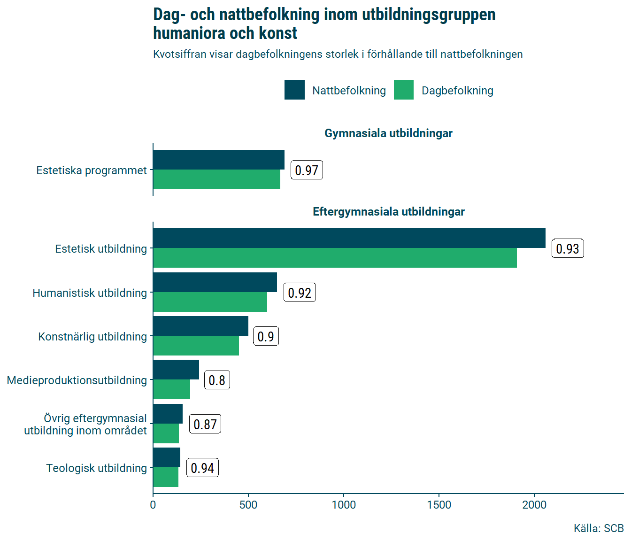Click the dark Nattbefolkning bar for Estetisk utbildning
point(349,238)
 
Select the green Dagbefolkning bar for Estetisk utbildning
point(335,258)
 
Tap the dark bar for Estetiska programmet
point(218,160)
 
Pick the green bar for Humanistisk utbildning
point(210,302)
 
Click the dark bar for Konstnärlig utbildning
point(200,326)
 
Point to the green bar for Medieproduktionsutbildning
point(171,389)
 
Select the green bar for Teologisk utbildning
point(166,477)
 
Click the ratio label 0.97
point(307,170)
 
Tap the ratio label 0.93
point(568,248)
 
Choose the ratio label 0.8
point(217,380)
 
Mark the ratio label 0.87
point(205,424)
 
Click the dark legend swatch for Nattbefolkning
point(294,90)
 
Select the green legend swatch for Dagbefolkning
point(404,90)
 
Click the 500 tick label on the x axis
point(248,505)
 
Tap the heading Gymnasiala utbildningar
point(388,133)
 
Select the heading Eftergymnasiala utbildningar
point(388,212)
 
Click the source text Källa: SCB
point(598,528)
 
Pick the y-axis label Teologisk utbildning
point(96,468)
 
